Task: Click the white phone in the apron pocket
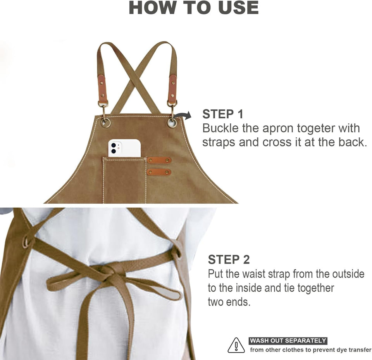coord(124,148)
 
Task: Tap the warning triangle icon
coord(236,345)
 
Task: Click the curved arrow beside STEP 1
coord(183,116)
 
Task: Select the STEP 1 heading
coord(223,114)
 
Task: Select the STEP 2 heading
coord(229,259)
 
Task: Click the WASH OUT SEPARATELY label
coord(288,341)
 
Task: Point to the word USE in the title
coord(238,8)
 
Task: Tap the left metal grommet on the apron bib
coord(105,123)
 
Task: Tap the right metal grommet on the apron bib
coord(172,123)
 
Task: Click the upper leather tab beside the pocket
coord(159,160)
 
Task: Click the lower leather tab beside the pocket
coord(159,172)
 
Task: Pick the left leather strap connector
coord(102,88)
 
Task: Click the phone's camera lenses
coord(114,148)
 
